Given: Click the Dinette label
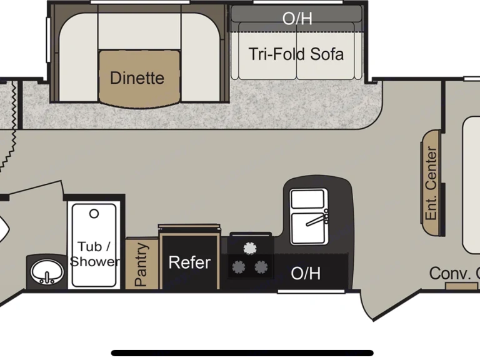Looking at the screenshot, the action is (137, 78).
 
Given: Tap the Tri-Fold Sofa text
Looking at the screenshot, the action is (296, 54).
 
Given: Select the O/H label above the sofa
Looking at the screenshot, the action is (297, 19).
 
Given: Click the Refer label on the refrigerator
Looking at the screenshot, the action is (189, 262).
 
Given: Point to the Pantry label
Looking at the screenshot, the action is (142, 265).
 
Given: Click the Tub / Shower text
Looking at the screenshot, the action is (94, 254).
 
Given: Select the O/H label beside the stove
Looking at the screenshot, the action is (306, 273).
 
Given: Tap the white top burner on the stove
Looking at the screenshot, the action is (250, 248).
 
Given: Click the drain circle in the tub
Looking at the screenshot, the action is (94, 214).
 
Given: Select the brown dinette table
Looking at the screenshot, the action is (139, 77).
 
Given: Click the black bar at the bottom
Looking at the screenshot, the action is (242, 352).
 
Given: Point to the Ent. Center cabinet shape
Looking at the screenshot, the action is (432, 182).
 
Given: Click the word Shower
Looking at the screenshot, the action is (94, 261).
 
